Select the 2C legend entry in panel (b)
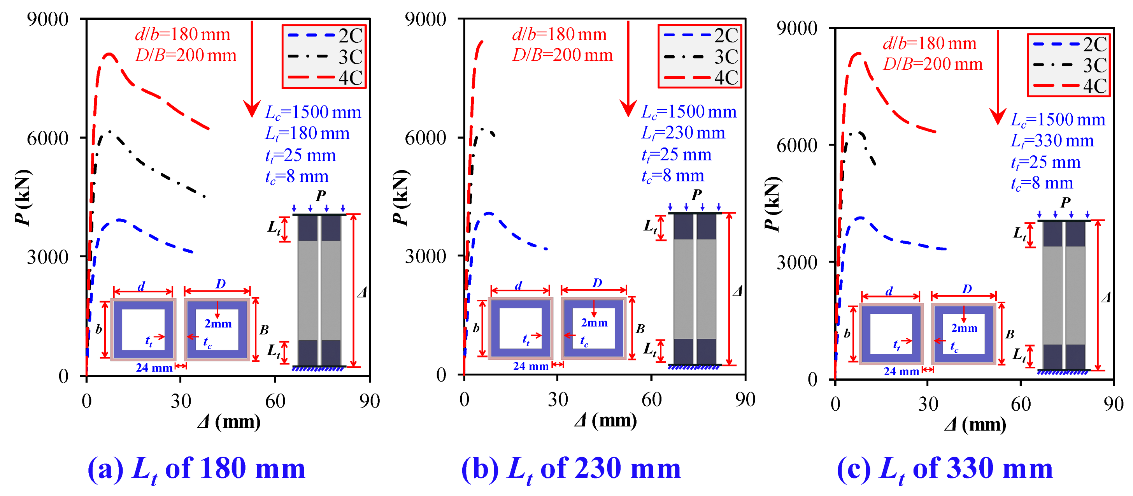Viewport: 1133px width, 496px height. point(701,35)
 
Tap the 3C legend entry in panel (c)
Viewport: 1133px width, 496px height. point(1069,65)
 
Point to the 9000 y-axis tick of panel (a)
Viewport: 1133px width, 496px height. point(47,19)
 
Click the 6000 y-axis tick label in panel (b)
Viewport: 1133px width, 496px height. point(425,138)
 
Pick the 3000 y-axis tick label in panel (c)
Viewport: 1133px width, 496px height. point(796,262)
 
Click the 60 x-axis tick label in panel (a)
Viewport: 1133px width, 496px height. point(275,401)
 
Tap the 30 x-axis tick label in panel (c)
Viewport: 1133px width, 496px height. point(928,404)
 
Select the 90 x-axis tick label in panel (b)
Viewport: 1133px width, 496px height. point(745,399)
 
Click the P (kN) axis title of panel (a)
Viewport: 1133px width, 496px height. point(23,197)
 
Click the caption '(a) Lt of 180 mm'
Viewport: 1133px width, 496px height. point(196,469)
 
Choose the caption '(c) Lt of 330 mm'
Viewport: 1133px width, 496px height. point(944,469)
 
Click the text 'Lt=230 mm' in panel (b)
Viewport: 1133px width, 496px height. point(683,133)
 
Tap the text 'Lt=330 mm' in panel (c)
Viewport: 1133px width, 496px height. point(1052,141)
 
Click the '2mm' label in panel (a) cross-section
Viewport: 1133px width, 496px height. point(218,324)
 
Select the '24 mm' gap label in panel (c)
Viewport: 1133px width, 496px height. point(901,372)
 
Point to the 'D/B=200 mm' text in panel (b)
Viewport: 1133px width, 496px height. point(563,55)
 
